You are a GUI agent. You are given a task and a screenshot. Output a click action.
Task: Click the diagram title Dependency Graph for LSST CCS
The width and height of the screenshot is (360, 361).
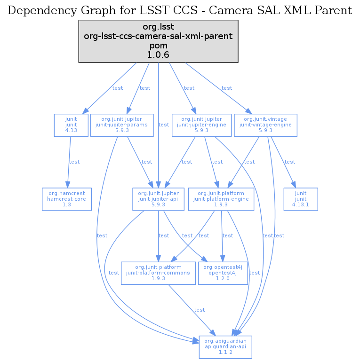point(180,10)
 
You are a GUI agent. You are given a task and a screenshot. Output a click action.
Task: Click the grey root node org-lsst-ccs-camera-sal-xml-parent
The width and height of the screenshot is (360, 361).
point(158,41)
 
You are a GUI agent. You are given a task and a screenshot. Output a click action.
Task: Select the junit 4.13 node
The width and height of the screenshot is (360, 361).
point(71,125)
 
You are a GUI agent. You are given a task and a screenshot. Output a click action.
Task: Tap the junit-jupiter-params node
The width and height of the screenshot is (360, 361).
point(122,125)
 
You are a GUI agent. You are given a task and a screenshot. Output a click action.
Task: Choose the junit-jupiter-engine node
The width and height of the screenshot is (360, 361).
point(201,125)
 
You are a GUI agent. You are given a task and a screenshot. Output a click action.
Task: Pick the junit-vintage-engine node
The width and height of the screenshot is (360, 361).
point(265,125)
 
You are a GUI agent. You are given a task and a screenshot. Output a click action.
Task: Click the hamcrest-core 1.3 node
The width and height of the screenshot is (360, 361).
point(66,199)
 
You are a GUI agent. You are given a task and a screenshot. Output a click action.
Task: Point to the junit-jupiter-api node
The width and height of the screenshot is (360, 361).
point(158,199)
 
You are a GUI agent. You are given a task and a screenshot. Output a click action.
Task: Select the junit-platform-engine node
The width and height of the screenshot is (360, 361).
point(221,199)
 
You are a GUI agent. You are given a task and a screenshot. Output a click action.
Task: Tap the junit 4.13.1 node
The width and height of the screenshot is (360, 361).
point(301,199)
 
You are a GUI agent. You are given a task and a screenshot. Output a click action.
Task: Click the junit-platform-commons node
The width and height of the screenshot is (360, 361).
point(158,273)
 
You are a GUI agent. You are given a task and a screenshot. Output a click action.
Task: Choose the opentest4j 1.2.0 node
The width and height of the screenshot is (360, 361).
point(223,273)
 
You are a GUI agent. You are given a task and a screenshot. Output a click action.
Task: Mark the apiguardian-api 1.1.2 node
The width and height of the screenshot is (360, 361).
point(225,347)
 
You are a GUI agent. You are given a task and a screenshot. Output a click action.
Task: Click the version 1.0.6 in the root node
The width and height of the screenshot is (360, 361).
point(158,55)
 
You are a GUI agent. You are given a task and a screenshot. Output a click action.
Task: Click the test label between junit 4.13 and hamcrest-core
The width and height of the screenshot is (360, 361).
point(75,162)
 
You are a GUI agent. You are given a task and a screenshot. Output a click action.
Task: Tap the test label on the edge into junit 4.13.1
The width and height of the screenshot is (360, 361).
point(290,162)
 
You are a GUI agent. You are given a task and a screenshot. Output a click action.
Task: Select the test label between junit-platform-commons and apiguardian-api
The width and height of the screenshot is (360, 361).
point(200,310)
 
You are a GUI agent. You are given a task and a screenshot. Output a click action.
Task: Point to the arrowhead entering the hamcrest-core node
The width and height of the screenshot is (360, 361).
point(68,185)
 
